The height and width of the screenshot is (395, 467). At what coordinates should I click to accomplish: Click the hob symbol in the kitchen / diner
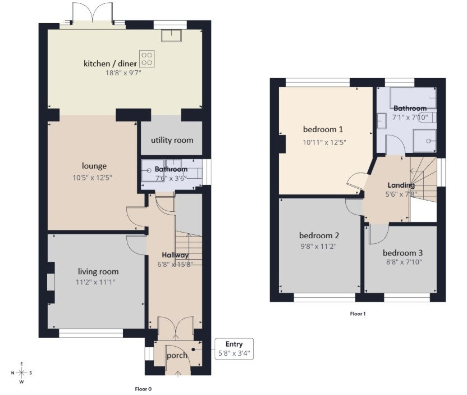(x=147, y=59)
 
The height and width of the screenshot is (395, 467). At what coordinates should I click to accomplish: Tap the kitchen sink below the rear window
(x=172, y=35)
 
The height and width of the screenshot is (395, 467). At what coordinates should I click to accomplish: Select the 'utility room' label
(x=172, y=140)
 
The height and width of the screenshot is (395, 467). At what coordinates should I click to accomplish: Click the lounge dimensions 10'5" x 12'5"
(x=92, y=178)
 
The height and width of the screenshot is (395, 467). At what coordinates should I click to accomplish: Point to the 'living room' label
(x=98, y=271)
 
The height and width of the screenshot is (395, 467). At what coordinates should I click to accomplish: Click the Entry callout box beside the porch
(x=234, y=349)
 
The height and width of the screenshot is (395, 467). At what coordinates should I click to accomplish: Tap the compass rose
(x=22, y=373)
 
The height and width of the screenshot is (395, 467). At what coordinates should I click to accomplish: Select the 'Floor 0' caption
(x=143, y=389)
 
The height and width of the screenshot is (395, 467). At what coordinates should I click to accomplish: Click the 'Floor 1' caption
(x=358, y=314)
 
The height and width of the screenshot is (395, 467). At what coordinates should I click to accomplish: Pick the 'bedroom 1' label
(x=323, y=129)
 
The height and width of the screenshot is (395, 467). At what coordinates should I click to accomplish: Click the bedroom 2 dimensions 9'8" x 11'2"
(x=319, y=247)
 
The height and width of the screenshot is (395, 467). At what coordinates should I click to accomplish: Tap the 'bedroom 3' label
(x=402, y=253)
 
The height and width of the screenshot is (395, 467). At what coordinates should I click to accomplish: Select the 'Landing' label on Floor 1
(x=401, y=185)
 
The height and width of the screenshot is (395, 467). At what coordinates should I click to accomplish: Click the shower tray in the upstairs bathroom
(x=425, y=140)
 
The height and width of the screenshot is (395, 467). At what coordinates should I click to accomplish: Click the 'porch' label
(x=177, y=355)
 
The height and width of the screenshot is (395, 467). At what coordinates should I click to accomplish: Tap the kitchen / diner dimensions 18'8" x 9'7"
(x=123, y=72)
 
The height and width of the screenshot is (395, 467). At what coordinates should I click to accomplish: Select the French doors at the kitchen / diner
(x=93, y=13)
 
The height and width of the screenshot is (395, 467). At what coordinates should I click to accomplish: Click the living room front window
(x=91, y=333)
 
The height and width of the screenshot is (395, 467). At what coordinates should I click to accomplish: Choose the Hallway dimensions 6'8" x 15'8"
(x=175, y=264)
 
